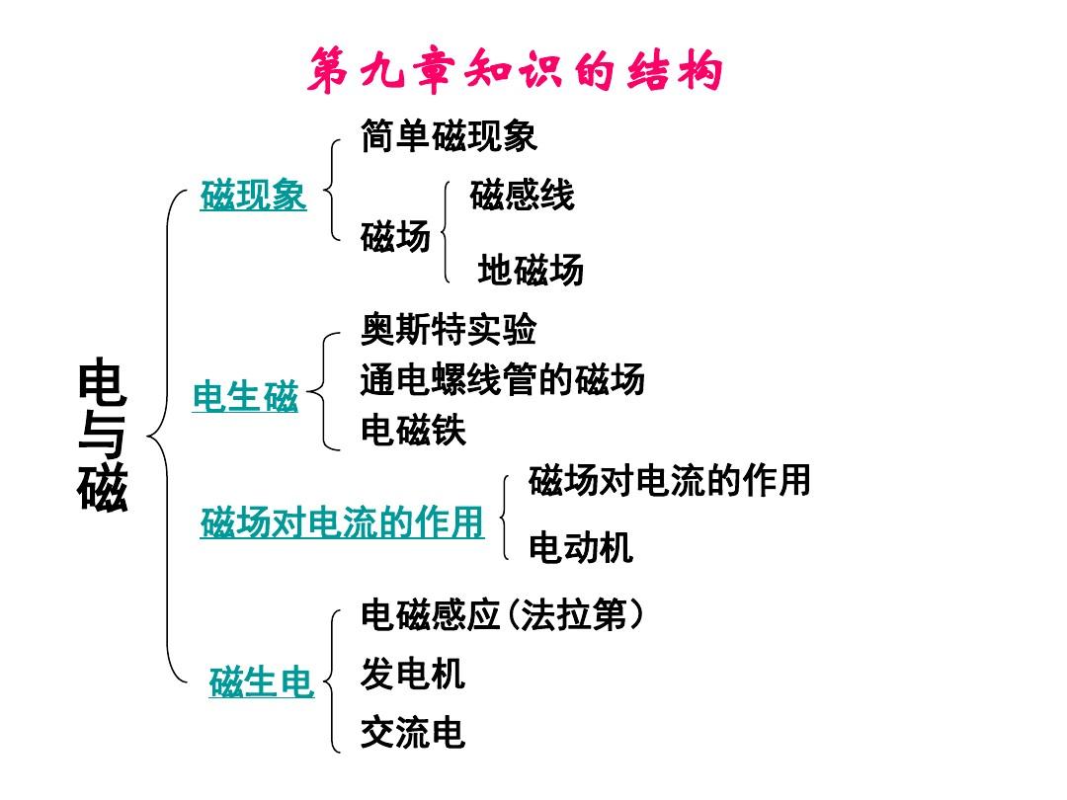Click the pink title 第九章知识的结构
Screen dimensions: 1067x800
[515, 71]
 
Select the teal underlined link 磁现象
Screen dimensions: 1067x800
[253, 195]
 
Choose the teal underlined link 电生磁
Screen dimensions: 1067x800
[245, 396]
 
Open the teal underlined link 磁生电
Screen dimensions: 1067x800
[261, 681]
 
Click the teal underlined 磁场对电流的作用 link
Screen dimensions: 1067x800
[342, 522]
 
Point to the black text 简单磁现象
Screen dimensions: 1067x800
[450, 135]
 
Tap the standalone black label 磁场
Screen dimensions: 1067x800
[395, 236]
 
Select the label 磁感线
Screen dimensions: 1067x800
[522, 195]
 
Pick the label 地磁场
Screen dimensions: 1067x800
[531, 270]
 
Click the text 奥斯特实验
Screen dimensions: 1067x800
[449, 330]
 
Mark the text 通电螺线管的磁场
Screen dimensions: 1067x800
[502, 379]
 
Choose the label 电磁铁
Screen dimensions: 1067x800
[413, 430]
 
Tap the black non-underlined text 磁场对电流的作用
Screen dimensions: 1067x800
[670, 480]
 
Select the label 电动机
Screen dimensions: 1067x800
[581, 547]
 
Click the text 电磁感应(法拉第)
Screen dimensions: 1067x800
[502, 615]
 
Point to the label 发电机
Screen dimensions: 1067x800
[413, 674]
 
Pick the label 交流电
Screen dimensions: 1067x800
[413, 733]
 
